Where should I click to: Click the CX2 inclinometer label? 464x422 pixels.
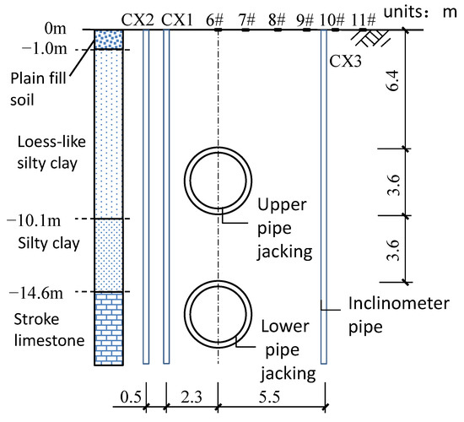[138, 20]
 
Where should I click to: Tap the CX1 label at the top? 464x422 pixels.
[177, 20]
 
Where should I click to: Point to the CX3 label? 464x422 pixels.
[345, 62]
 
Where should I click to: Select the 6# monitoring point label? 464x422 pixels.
[215, 20]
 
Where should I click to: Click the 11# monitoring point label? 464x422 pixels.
[364, 20]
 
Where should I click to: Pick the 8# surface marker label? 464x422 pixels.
[277, 20]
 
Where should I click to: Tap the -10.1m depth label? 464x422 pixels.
[34, 220]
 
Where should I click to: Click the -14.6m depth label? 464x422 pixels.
[36, 293]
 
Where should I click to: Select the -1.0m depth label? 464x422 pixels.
[45, 49]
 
